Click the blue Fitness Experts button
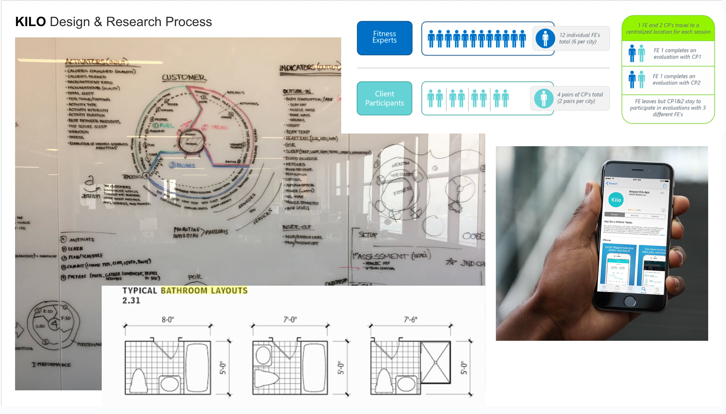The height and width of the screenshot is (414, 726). (384, 38)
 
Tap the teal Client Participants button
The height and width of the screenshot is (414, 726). (384, 98)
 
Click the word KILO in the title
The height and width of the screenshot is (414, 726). (30, 22)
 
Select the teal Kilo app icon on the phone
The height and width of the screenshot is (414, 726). (616, 200)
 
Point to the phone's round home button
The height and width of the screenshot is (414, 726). (630, 301)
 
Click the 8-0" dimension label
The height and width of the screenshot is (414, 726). (168, 320)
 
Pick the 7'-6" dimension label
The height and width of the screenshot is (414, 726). (410, 320)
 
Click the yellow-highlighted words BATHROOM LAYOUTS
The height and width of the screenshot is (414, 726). (204, 291)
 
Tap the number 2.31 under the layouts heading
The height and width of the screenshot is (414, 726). (131, 301)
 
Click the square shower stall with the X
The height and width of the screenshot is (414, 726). (436, 362)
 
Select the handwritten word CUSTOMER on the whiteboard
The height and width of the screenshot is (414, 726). (183, 78)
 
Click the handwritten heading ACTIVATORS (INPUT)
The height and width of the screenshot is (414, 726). (97, 62)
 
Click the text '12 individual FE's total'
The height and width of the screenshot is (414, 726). (579, 38)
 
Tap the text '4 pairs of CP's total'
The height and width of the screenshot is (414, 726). (580, 98)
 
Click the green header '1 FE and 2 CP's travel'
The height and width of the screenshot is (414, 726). (668, 28)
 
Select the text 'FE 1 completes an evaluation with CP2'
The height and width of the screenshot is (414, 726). (676, 79)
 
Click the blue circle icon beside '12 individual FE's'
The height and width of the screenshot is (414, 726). (545, 38)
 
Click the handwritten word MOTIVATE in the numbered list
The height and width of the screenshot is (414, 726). (82, 240)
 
